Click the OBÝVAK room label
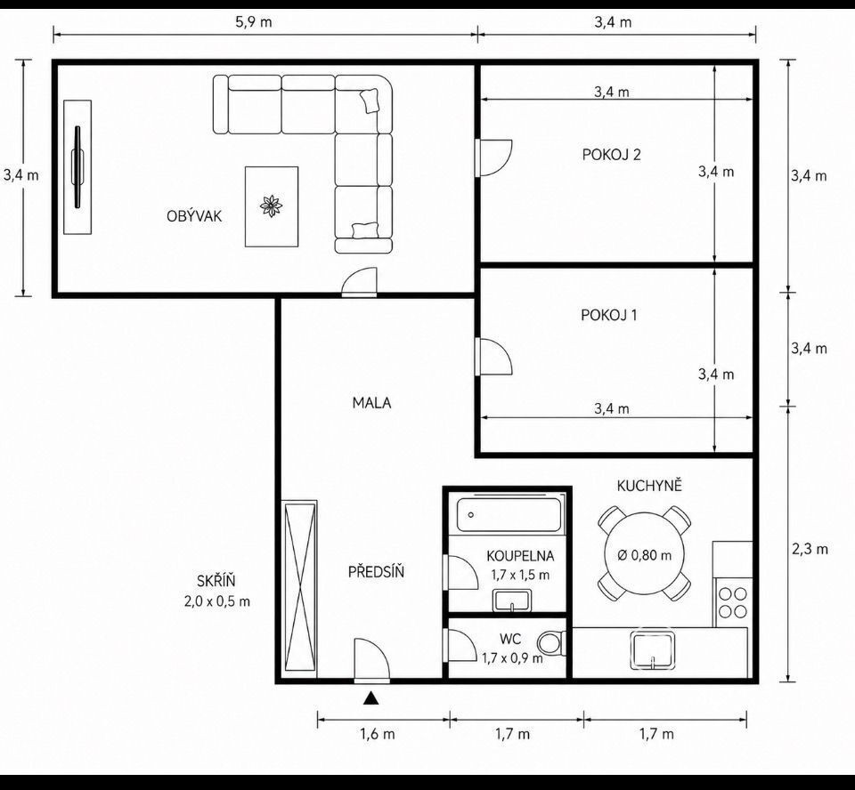coord(194,216)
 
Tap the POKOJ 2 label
coord(611,155)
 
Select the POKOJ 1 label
coord(608,315)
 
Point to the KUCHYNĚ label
coord(649,486)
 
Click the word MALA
coord(372,403)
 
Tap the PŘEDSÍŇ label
coord(376,571)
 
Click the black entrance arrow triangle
coord(371,698)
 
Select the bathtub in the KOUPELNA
coord(509,514)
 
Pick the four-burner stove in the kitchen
coord(732,602)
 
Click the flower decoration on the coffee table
coord(271,206)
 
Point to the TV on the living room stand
coord(77,167)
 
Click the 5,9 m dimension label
coord(254,22)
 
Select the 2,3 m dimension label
coord(810,549)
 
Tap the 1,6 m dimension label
coord(378,734)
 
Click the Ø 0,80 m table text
coord(645,555)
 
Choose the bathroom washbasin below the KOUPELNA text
coord(512,601)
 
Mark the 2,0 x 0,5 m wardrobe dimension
coord(217,601)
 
